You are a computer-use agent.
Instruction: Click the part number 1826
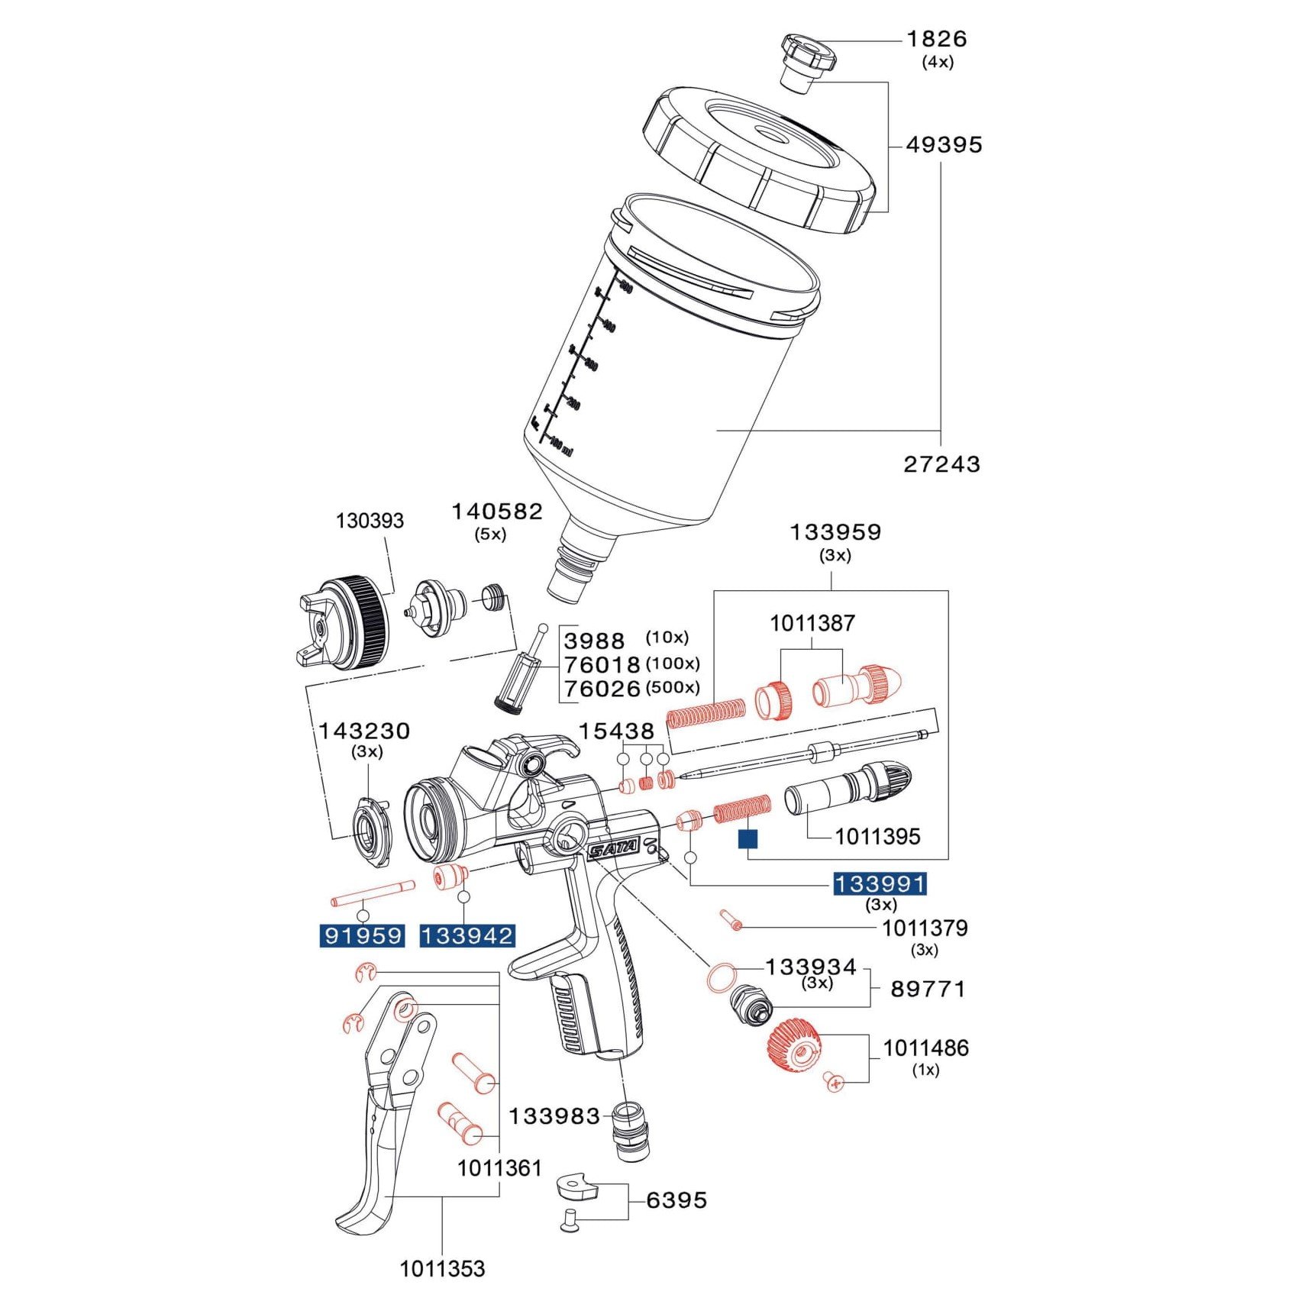point(936,39)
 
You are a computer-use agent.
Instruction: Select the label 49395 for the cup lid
point(944,145)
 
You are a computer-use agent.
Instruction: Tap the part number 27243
point(941,464)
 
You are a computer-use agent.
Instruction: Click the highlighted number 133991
point(880,884)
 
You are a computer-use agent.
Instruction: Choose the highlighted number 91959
point(363,935)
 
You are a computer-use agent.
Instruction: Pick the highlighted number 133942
point(467,935)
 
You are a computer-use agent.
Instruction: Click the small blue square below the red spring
point(747,839)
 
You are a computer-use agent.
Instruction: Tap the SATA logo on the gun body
point(615,848)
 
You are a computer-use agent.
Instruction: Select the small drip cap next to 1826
point(806,60)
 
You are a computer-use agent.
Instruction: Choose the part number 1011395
point(877,837)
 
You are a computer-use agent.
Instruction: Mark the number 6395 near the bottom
point(676,1200)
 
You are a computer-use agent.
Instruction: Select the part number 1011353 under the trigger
point(442,1269)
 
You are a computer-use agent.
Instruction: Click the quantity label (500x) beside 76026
point(672,687)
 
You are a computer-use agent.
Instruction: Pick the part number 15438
point(615,731)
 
